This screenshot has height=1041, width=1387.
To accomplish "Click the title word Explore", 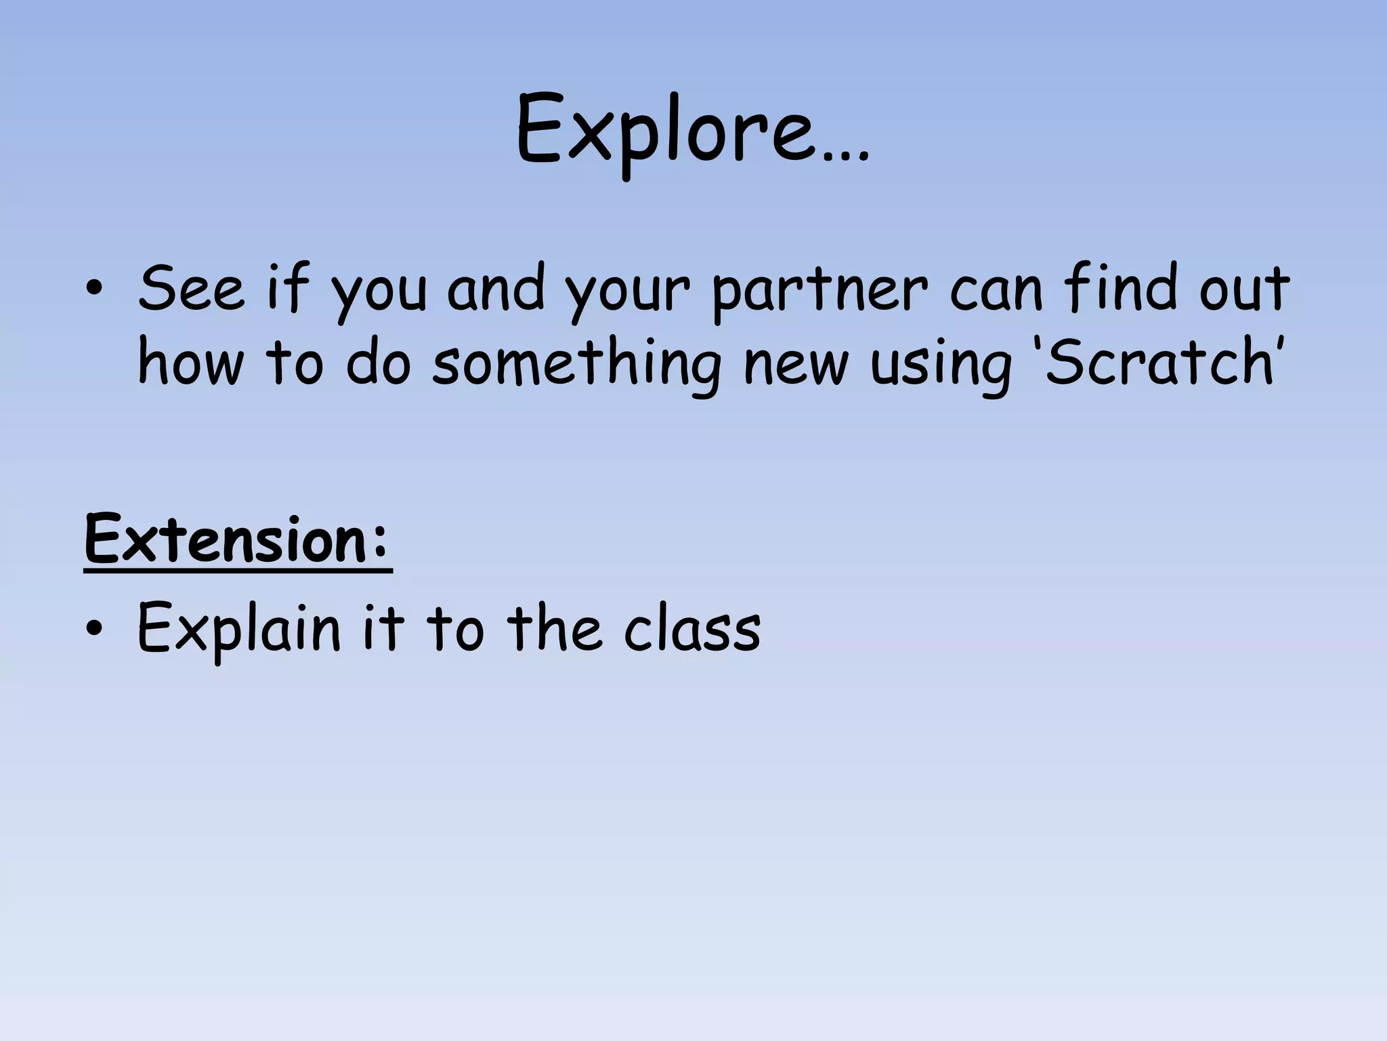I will [x=664, y=132].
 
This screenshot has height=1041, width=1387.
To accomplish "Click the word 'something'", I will [x=576, y=365].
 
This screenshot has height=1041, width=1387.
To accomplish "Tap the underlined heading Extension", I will [x=227, y=540].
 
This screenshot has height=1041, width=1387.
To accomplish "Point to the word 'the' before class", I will [x=554, y=628].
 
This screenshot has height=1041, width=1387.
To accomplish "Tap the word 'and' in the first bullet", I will [x=496, y=289].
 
